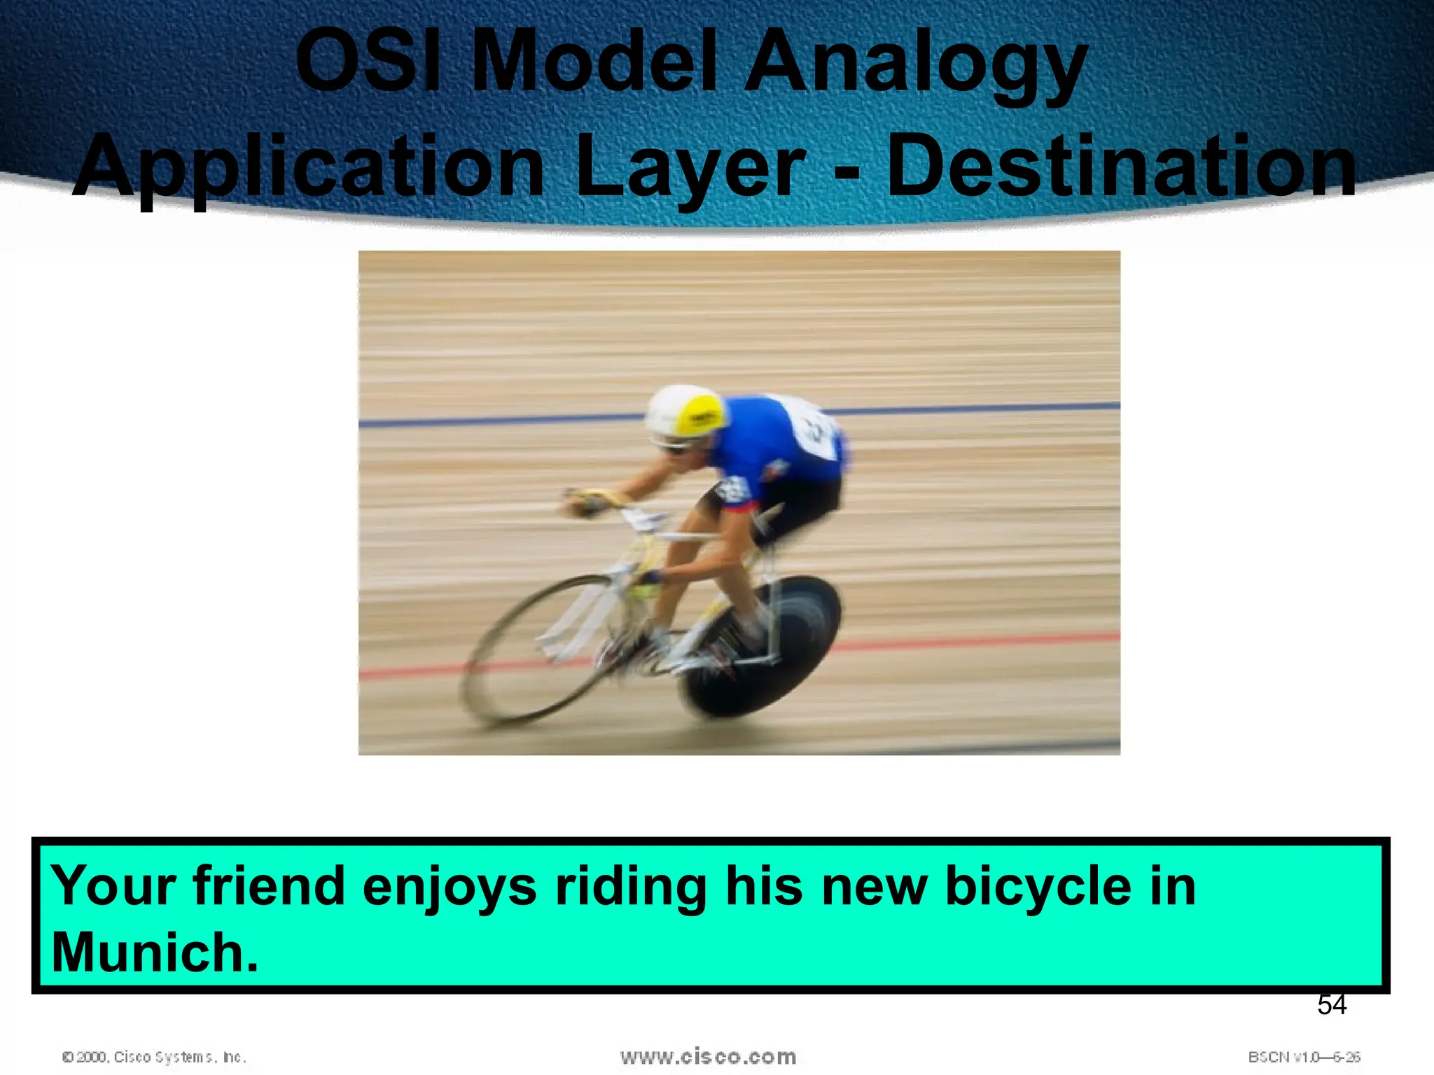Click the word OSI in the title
click(x=368, y=61)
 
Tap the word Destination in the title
click(x=1122, y=167)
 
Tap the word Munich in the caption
click(x=155, y=953)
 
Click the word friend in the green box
click(x=269, y=885)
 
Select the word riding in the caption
click(x=631, y=887)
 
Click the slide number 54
click(x=1331, y=1005)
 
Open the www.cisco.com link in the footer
click(x=708, y=1057)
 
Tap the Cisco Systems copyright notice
click(x=154, y=1057)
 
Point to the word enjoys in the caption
click(x=450, y=887)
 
